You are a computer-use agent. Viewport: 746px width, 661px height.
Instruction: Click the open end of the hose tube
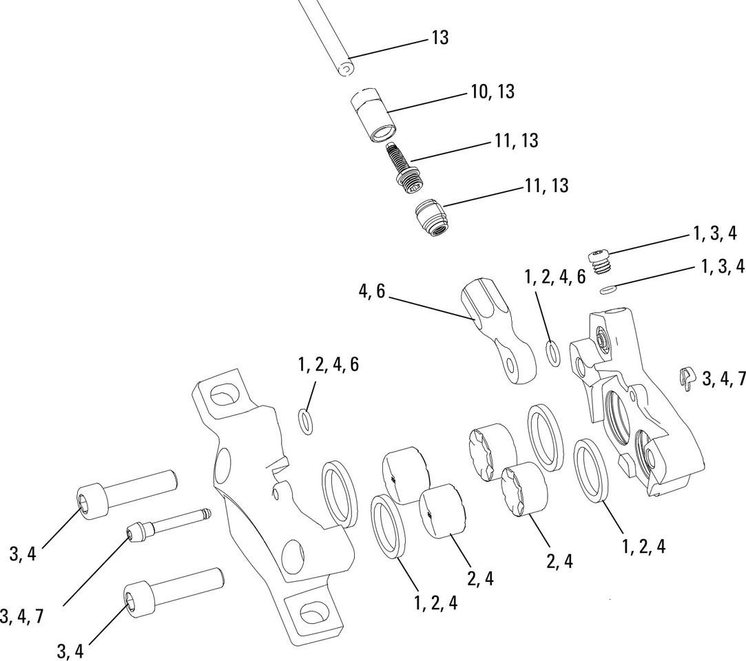tap(345, 69)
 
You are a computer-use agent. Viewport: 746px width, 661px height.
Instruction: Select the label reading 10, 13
tap(493, 91)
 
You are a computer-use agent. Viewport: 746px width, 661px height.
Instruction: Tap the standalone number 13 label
tap(439, 37)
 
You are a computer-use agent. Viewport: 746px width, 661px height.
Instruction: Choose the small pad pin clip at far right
tap(685, 378)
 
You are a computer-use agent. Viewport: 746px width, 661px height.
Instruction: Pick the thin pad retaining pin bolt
tap(169, 524)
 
